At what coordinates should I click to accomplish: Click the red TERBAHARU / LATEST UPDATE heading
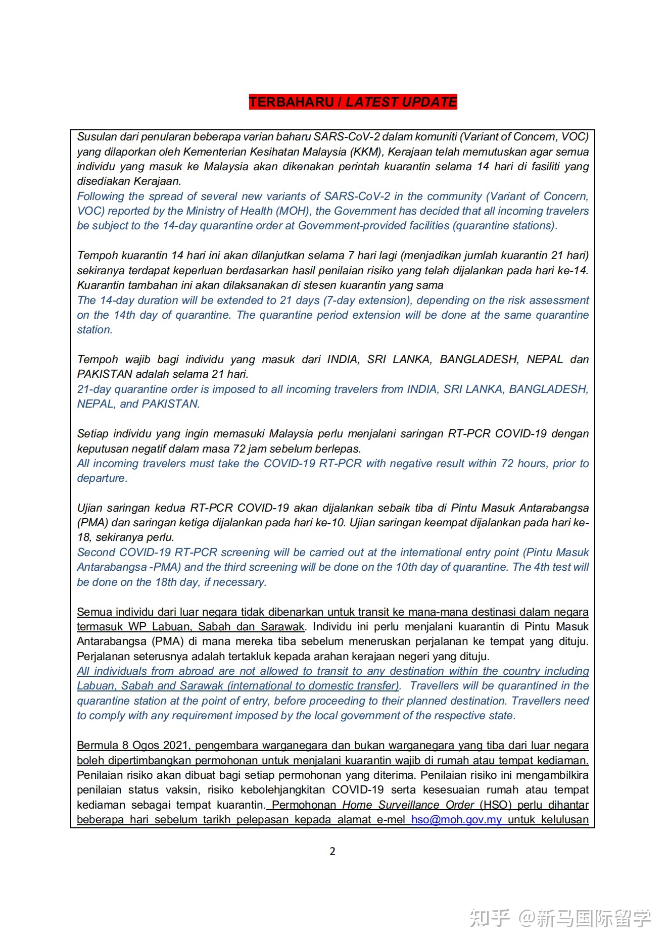click(x=353, y=102)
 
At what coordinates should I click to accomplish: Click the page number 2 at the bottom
click(x=332, y=851)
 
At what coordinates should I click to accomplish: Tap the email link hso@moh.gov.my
click(x=456, y=819)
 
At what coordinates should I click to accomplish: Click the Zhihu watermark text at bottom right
click(x=560, y=918)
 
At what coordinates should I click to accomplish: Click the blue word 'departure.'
click(x=102, y=478)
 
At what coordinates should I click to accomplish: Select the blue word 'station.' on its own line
click(x=94, y=329)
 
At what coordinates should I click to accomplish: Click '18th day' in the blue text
click(x=177, y=582)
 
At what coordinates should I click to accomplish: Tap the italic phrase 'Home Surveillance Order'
click(x=408, y=805)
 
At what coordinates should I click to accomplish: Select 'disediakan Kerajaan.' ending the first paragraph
click(x=129, y=181)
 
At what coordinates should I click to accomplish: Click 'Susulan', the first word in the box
click(x=96, y=136)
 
